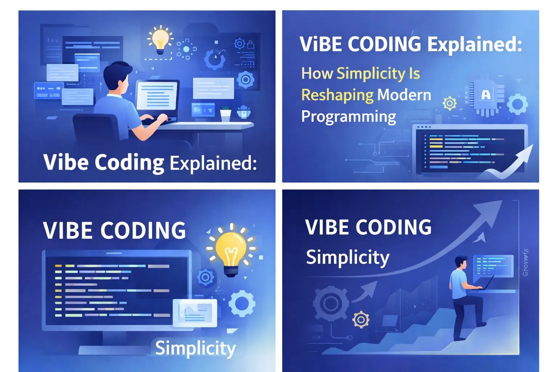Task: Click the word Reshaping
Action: coord(337,95)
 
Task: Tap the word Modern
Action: coord(404,95)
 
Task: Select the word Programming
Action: coord(348,117)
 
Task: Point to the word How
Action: coord(317,73)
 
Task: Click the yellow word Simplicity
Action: coord(371,74)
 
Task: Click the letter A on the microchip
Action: coord(486,95)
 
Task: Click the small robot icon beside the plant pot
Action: coord(243,112)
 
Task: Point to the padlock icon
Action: coord(251,45)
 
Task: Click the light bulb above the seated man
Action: coord(160,39)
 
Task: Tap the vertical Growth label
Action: coord(525,262)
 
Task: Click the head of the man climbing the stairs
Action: coord(461,263)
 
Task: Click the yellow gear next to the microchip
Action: coord(449,104)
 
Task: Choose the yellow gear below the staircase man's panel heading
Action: coord(361,320)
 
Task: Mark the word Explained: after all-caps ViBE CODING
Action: coord(474,45)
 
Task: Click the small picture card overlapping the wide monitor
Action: coord(195,312)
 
